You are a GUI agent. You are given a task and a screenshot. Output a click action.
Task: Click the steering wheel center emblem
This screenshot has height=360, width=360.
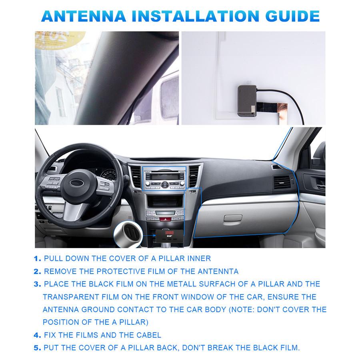[x=76, y=182]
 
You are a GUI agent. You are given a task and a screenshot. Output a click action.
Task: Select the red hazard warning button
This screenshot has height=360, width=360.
[x=164, y=220]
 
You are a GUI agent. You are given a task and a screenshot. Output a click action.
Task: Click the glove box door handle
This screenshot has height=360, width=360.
[x=233, y=218]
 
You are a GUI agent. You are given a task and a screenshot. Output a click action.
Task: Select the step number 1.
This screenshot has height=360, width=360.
[x=37, y=259]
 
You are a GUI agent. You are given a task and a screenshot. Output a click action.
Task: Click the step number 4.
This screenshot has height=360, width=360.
[x=37, y=335]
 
